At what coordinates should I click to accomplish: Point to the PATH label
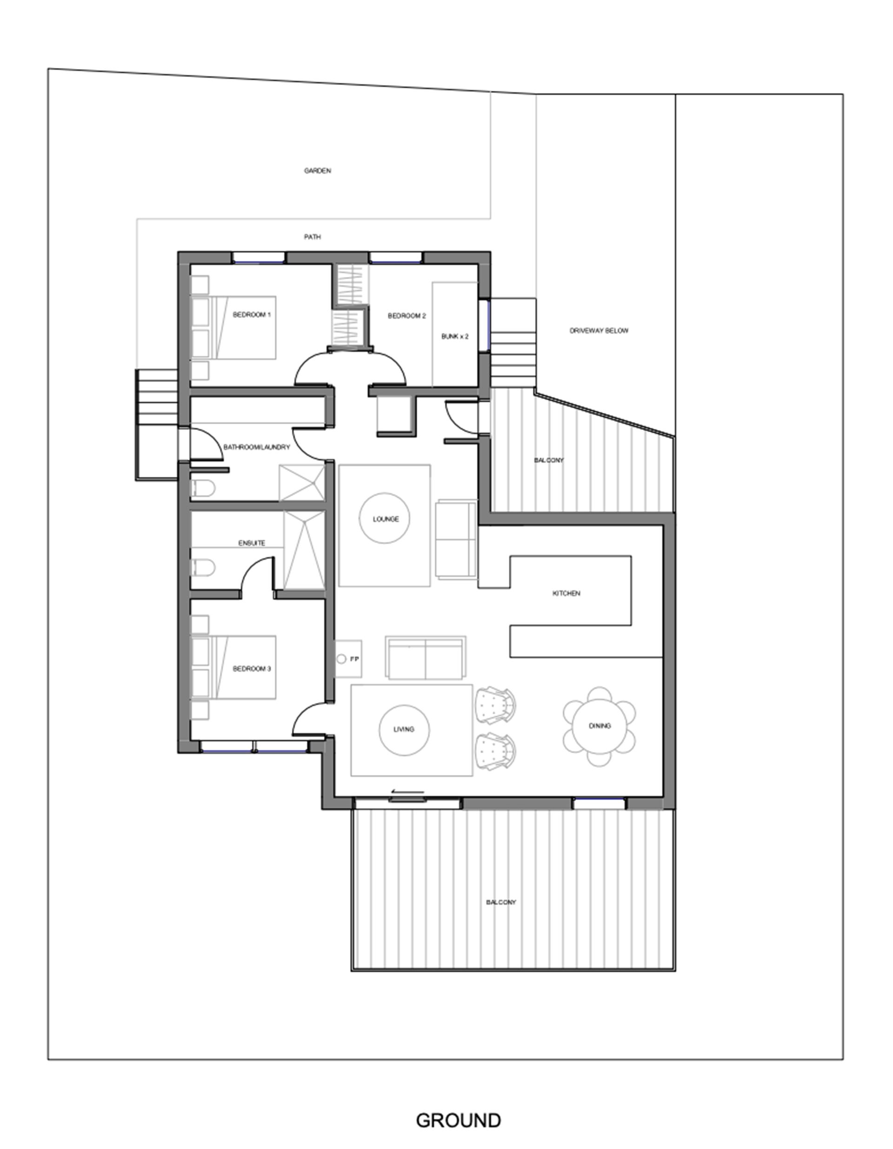[x=313, y=237]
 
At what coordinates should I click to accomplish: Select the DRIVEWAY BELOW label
[x=599, y=331]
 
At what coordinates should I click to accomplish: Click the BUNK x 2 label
[x=455, y=337]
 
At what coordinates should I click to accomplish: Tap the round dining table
[x=600, y=726]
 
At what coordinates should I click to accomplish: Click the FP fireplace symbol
[x=348, y=659]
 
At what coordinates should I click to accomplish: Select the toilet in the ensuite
[x=203, y=568]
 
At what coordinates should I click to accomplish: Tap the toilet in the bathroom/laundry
[x=203, y=489]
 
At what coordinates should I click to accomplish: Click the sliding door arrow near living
[x=407, y=792]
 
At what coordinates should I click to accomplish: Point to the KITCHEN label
[x=566, y=594]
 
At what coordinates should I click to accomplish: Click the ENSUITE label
[x=252, y=543]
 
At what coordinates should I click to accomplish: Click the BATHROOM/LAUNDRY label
[x=257, y=447]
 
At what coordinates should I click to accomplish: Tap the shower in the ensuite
[x=304, y=550]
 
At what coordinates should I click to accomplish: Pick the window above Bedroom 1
[x=259, y=258]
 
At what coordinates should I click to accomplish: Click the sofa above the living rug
[x=426, y=658]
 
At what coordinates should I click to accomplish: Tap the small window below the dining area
[x=599, y=803]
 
